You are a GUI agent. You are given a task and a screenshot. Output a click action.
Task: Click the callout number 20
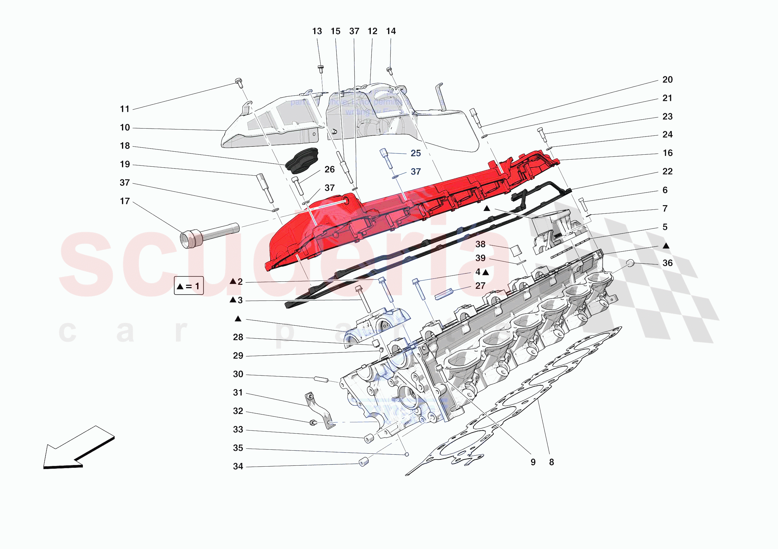point(667,80)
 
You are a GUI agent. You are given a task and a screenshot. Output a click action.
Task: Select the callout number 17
point(125,201)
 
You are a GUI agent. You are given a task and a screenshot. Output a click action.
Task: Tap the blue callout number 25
point(416,153)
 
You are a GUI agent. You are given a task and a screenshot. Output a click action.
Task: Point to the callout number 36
point(667,263)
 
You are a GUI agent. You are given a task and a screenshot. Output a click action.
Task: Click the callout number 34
point(238,466)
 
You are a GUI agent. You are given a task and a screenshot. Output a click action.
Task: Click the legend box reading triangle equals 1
point(189,286)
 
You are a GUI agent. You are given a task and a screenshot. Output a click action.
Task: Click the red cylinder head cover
point(390,210)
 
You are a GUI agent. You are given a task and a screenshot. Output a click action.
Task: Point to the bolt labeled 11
point(239,83)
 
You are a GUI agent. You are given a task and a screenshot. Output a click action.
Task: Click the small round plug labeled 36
point(630,263)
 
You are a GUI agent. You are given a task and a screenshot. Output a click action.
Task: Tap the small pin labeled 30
point(321,379)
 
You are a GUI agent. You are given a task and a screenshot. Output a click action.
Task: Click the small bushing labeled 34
point(363,462)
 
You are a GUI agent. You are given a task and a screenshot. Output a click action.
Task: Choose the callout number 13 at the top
point(317,31)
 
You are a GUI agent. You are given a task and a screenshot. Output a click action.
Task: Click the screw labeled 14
point(390,70)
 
